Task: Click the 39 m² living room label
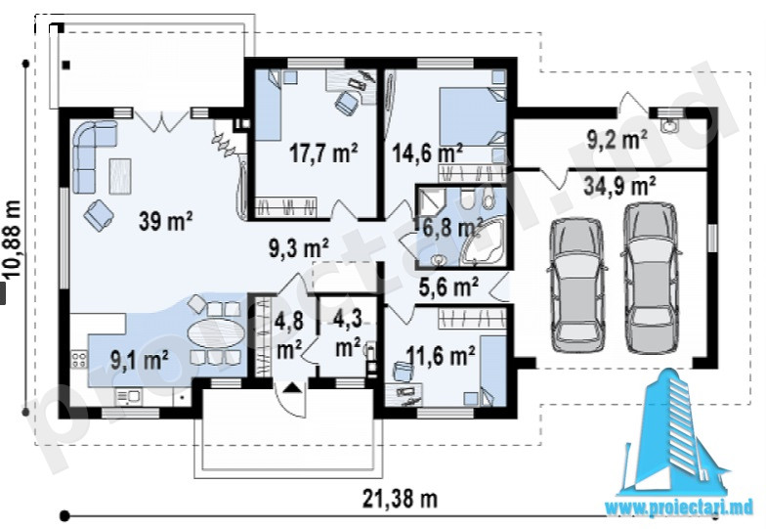point(166,221)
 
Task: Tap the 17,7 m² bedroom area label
point(323,153)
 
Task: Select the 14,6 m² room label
point(428,154)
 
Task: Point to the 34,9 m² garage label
point(619,186)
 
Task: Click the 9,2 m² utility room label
point(617,141)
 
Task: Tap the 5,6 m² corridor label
point(449,287)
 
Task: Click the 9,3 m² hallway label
point(299,248)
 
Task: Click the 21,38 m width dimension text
point(401,499)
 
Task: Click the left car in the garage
point(577,285)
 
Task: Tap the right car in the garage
point(651,278)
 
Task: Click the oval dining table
point(216,333)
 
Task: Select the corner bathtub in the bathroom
point(483,242)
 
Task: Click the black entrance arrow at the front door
point(292,388)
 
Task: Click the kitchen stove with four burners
point(79,360)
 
